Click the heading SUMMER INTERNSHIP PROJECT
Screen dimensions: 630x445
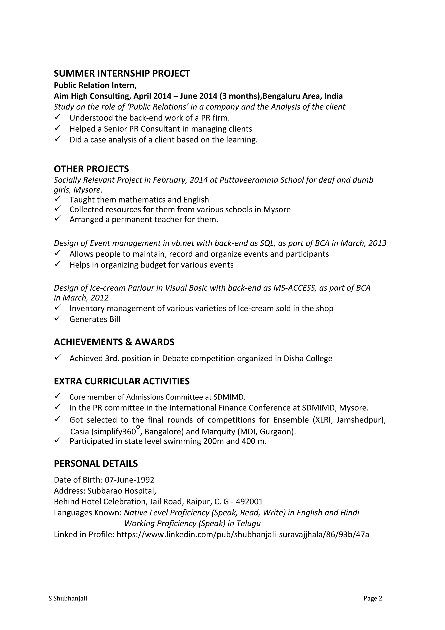(122, 74)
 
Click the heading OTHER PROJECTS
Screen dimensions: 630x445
(91, 169)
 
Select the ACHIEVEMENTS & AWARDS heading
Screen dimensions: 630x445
(114, 342)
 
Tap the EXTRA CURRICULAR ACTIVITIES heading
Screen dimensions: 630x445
(122, 381)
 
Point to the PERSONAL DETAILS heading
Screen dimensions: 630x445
(96, 464)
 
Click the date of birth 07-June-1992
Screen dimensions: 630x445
(129, 480)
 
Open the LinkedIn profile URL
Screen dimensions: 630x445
(243, 534)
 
